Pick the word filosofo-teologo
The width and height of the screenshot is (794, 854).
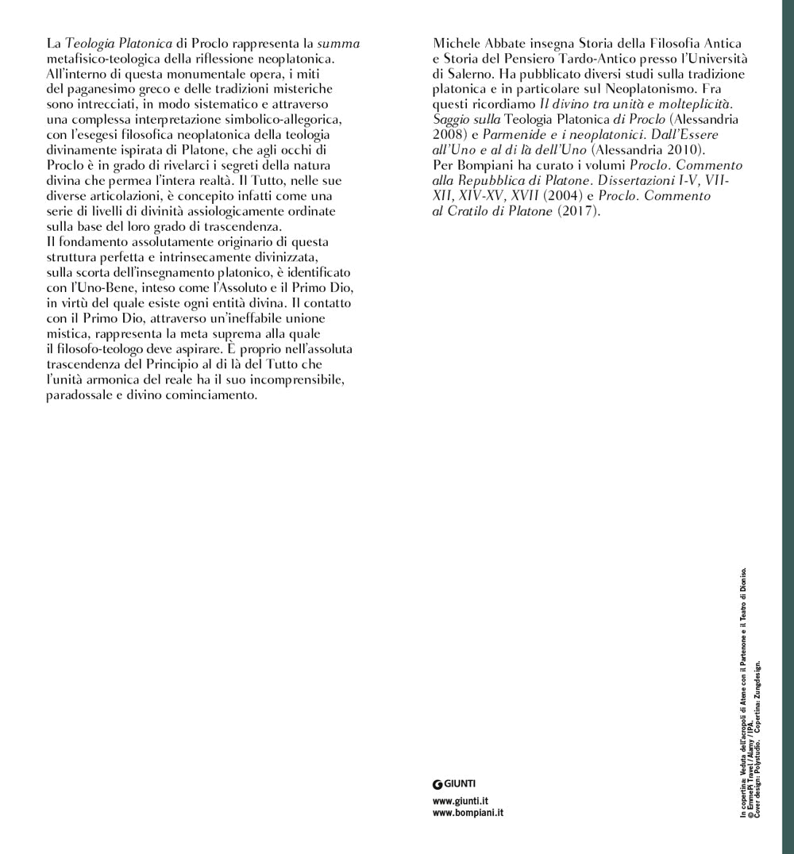coord(105,348)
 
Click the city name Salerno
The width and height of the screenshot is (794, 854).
coord(474,74)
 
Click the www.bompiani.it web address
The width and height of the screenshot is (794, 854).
coord(468,813)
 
